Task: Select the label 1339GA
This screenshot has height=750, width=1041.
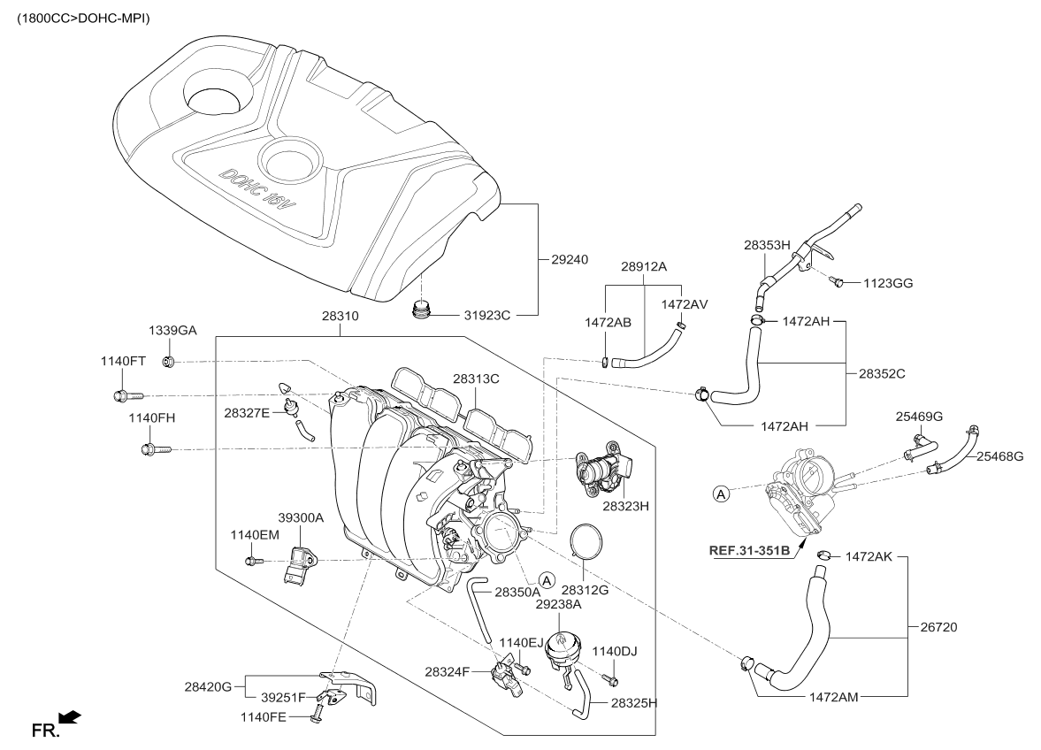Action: tap(172, 331)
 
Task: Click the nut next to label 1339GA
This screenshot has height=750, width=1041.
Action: tap(169, 361)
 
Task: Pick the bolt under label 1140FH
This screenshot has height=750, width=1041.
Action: tap(149, 449)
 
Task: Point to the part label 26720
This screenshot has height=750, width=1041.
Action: tap(938, 627)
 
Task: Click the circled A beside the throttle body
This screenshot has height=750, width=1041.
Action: tap(722, 494)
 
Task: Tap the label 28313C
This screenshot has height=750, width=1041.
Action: tap(477, 379)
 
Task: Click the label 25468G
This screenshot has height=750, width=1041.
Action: tap(1000, 456)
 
